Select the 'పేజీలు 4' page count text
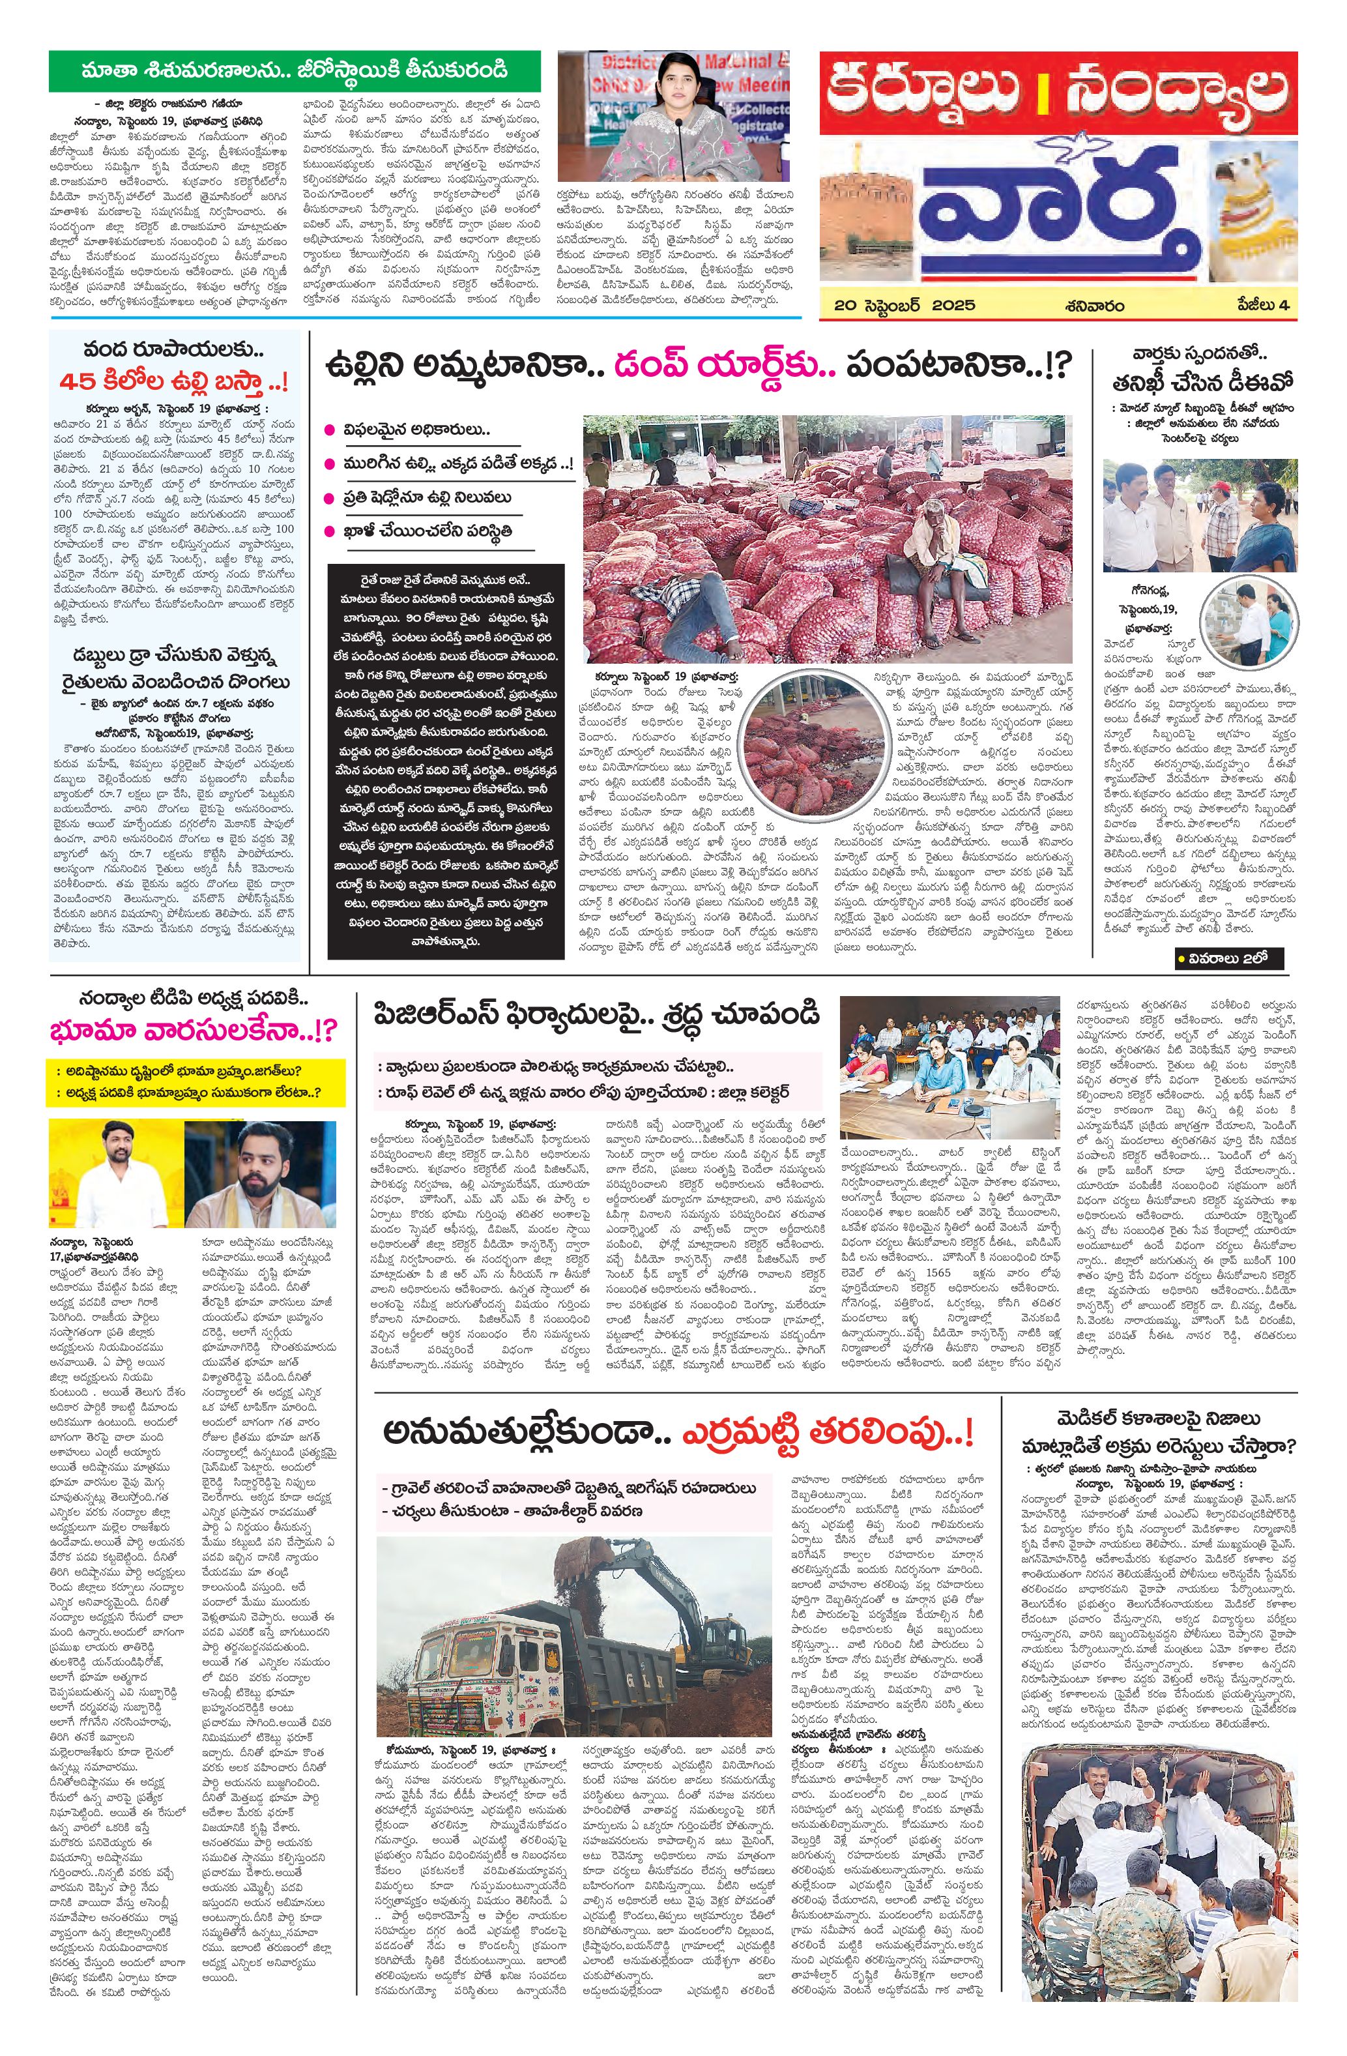[1260, 305]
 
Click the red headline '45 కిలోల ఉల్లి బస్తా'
[173, 382]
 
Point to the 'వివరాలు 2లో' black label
[1228, 958]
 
